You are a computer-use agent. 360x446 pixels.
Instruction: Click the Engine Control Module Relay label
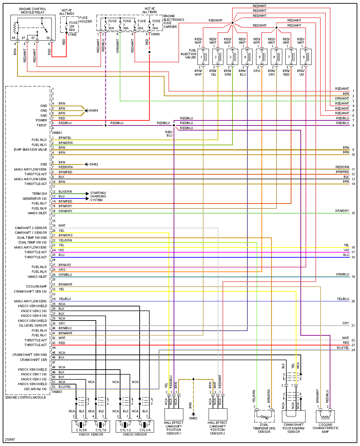coord(33,11)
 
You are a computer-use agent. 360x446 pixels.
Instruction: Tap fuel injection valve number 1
coord(203,57)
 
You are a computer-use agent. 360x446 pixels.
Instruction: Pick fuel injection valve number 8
coord(305,57)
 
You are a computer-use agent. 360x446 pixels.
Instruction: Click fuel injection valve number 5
coord(261,57)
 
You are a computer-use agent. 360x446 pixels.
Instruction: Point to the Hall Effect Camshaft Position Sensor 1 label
coord(174,428)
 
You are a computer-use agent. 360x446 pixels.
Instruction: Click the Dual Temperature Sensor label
coord(264,428)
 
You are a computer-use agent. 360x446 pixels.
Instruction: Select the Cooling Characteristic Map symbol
coord(325,416)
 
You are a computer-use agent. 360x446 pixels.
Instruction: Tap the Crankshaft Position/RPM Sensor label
coord(293,428)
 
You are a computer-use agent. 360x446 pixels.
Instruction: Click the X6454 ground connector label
coord(93,111)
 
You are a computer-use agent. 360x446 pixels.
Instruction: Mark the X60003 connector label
coord(57,392)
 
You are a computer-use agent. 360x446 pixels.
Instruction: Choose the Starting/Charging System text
coord(98,196)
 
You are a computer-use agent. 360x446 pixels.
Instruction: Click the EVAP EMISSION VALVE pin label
coord(30,150)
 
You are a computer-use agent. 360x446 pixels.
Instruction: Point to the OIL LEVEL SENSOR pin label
coord(33,326)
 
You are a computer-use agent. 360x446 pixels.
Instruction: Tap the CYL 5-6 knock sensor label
coord(81,430)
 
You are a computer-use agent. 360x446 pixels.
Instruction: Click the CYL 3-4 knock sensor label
coord(145,430)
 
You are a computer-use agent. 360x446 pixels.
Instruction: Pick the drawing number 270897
coord(10,440)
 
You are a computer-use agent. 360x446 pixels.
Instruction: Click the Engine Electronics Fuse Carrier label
coord(174,22)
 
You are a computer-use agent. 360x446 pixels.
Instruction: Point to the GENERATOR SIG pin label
coord(35,199)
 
